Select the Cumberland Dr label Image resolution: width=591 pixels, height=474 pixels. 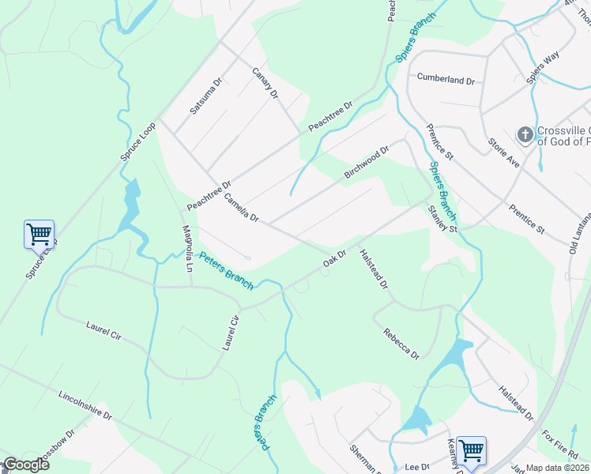446,80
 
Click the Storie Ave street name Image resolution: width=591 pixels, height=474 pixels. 503,151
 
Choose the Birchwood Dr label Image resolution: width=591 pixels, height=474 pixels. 367,162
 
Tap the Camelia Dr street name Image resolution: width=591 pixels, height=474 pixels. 241,207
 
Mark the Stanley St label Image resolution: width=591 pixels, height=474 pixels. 442,219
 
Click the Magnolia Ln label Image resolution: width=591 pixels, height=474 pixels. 188,248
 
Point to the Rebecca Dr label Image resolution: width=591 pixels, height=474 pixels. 401,344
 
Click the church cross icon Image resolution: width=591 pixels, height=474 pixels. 525,135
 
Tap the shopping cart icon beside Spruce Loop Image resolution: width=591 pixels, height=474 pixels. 39,234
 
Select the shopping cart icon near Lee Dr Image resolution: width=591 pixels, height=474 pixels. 471,450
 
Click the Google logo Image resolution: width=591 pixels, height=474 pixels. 25,465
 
